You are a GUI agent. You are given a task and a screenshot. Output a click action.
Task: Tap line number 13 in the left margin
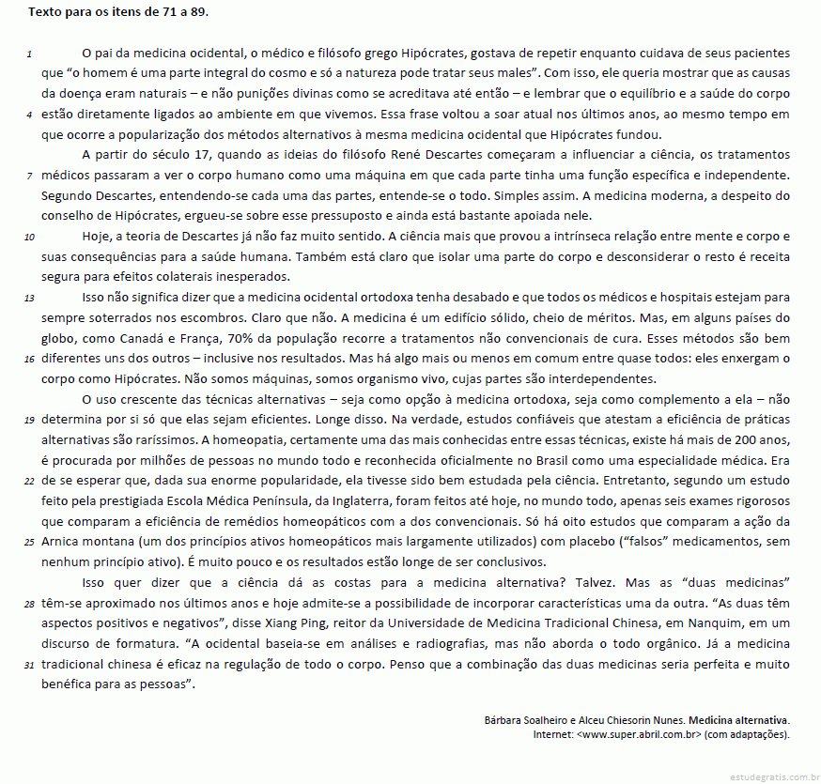pyautogui.click(x=29, y=297)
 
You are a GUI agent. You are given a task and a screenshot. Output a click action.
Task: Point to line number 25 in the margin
pyautogui.click(x=29, y=542)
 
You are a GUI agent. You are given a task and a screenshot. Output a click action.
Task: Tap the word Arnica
pyautogui.click(x=61, y=542)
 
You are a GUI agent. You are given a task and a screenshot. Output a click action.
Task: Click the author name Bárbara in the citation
pyautogui.click(x=504, y=720)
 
